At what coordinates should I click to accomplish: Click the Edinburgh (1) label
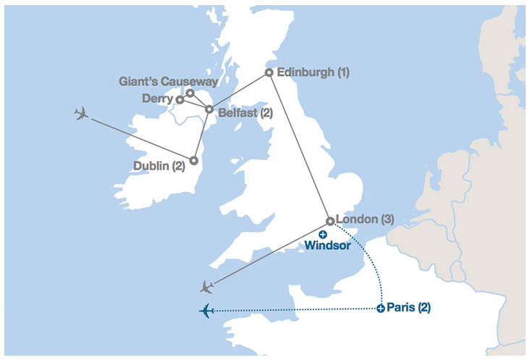(314, 72)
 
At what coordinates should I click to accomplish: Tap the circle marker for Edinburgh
(269, 72)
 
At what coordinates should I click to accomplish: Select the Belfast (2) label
(245, 113)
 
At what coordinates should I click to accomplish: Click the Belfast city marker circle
(209, 109)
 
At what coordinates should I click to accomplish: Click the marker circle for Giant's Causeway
(190, 93)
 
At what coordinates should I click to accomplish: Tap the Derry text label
(157, 99)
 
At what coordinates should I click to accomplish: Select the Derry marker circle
(180, 99)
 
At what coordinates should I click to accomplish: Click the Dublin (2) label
(159, 165)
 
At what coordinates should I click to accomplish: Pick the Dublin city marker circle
(194, 160)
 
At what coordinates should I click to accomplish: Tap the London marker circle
(330, 221)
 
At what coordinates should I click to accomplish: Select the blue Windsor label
(327, 246)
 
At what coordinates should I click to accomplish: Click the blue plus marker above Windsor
(323, 234)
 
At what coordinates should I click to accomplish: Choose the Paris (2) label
(409, 307)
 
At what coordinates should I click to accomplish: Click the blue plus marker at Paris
(381, 309)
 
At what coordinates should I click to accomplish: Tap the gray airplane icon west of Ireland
(81, 114)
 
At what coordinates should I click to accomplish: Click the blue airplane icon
(207, 311)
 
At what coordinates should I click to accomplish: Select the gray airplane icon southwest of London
(207, 286)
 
